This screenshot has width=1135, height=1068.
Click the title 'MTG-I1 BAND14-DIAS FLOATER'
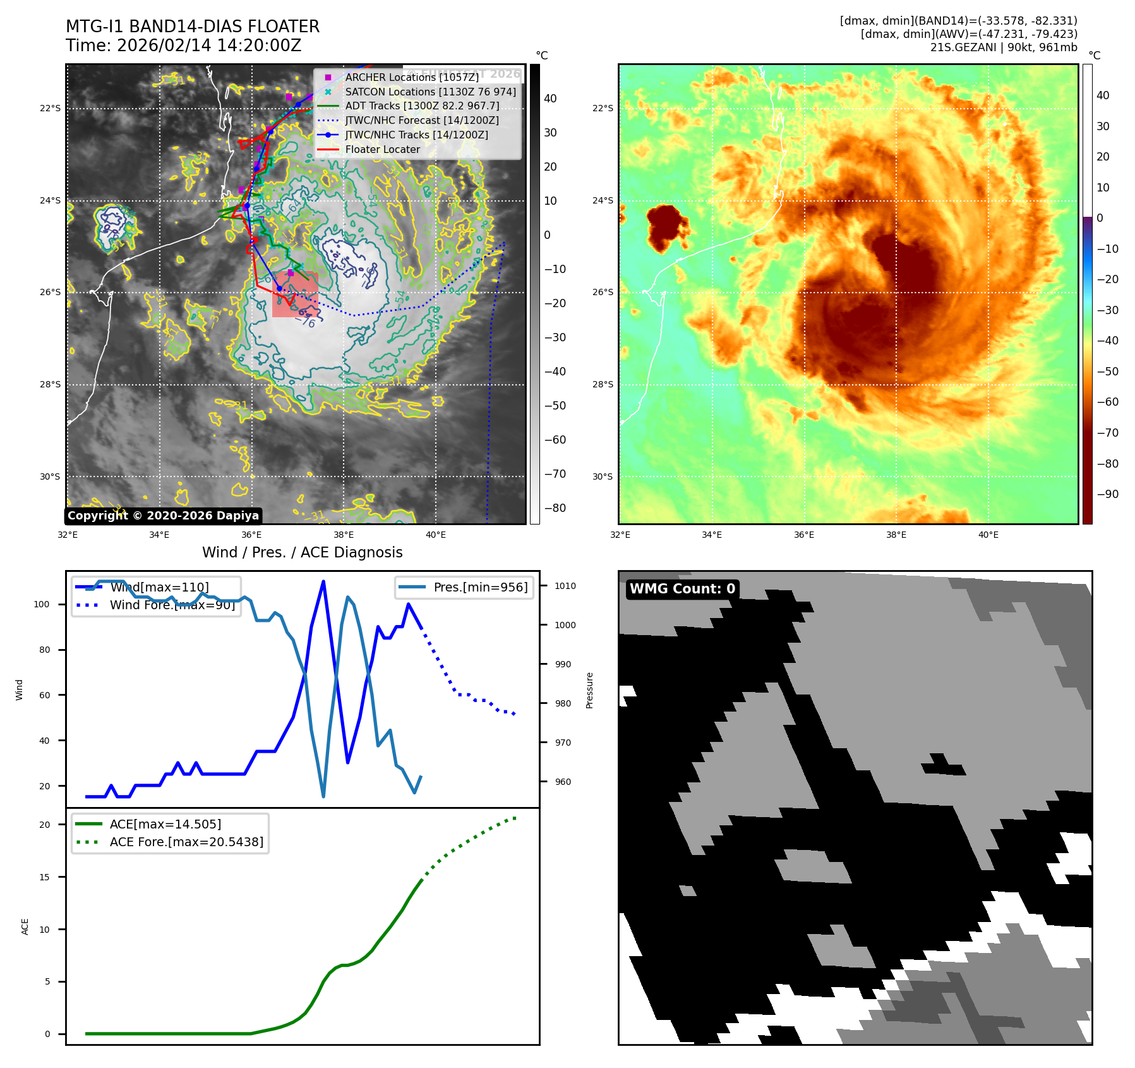point(193,27)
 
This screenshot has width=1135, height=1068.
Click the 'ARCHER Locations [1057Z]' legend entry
point(412,77)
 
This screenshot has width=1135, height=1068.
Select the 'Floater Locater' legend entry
point(382,149)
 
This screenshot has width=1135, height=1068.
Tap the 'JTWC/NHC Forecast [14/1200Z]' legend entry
point(422,120)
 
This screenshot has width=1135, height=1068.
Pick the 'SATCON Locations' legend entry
point(430,92)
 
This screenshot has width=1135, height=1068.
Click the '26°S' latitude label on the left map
point(51,293)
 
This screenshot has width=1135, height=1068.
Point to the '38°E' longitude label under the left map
point(344,535)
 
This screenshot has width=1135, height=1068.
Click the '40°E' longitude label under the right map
point(988,535)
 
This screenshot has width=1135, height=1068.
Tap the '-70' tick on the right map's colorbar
point(1107,433)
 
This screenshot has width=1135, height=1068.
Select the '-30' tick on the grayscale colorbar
point(555,337)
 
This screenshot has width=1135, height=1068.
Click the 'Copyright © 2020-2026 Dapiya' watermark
point(163,516)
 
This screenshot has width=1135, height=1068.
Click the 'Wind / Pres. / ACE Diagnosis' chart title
point(302,552)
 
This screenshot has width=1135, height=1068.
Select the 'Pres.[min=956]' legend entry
point(480,587)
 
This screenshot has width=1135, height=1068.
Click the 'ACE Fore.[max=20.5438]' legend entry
point(186,842)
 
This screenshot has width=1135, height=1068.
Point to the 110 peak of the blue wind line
point(323,581)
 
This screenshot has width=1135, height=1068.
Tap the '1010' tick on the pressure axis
point(565,586)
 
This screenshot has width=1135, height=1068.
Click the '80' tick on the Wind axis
point(44,650)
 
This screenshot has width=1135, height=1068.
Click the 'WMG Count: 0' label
point(682,589)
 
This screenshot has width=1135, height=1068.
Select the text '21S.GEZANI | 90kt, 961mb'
point(1004,47)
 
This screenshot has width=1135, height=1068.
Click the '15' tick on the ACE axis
point(44,877)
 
